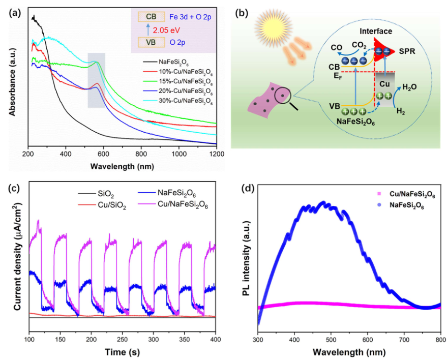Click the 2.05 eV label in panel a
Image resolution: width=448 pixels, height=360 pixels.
[x=167, y=29]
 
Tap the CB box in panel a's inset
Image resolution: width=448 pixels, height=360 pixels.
[x=152, y=16]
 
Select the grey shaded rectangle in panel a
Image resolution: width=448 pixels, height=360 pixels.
[x=97, y=80]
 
